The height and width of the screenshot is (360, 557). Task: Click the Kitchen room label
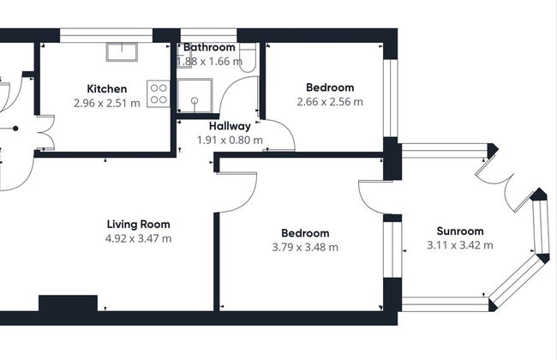click(106, 88)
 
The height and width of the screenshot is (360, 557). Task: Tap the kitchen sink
click(122, 52)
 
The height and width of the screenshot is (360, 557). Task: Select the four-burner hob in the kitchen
click(159, 93)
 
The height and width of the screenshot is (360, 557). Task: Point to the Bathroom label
click(209, 47)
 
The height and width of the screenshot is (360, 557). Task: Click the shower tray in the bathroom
click(195, 96)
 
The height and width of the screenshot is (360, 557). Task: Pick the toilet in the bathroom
click(248, 57)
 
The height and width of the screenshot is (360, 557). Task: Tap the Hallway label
click(230, 126)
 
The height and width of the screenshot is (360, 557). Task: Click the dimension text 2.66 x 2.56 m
click(330, 102)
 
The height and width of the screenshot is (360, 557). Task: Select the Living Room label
click(139, 225)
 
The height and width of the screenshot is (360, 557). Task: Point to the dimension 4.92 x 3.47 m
click(139, 238)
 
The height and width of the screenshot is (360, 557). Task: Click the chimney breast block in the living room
click(68, 303)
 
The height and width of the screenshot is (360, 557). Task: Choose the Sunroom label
click(460, 231)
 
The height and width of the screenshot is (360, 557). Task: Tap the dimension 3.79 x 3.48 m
click(305, 247)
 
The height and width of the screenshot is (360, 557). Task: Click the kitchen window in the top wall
click(106, 35)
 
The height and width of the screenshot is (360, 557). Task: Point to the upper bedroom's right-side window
click(391, 98)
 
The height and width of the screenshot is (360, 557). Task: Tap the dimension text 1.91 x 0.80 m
click(230, 140)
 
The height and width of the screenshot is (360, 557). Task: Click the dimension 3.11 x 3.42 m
click(460, 245)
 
